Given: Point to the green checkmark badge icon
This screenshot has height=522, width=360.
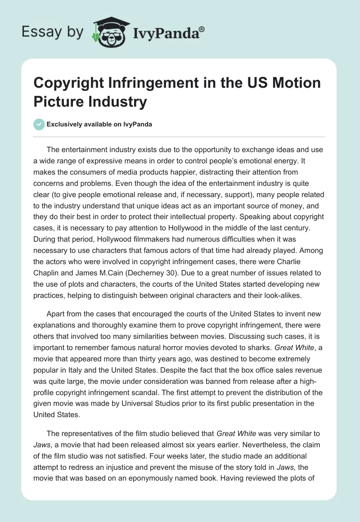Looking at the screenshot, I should tap(40, 124).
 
